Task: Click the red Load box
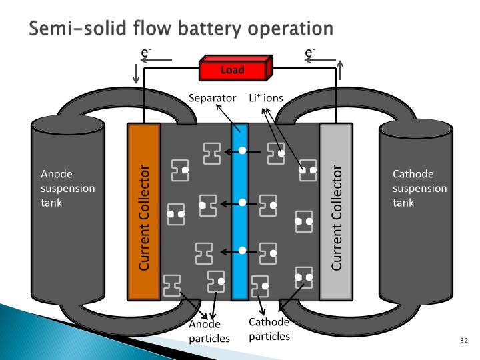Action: click(x=235, y=69)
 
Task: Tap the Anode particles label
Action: click(x=210, y=331)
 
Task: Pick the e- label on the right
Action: click(x=310, y=51)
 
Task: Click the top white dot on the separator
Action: click(x=242, y=151)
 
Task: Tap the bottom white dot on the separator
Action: click(x=242, y=251)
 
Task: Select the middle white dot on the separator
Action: click(x=242, y=201)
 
